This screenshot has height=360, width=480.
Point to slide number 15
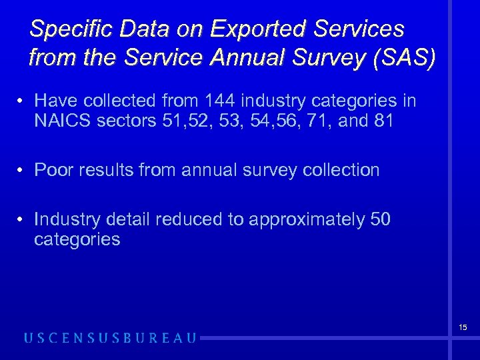[x=462, y=327]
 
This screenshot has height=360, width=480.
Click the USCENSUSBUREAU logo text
[x=111, y=338]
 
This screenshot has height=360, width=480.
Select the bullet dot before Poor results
[x=22, y=171]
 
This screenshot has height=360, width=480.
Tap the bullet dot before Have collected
[x=22, y=102]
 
